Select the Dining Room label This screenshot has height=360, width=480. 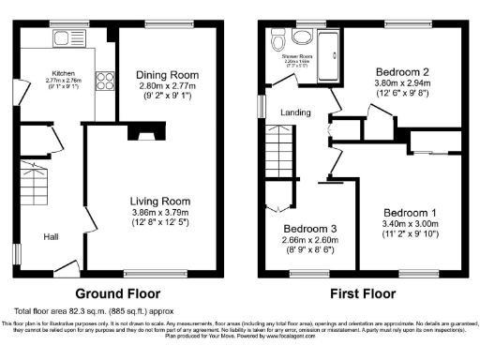pyautogui.click(x=168, y=75)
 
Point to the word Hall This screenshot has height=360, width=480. pyautogui.click(x=51, y=236)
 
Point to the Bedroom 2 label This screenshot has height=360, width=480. pyautogui.click(x=403, y=71)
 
